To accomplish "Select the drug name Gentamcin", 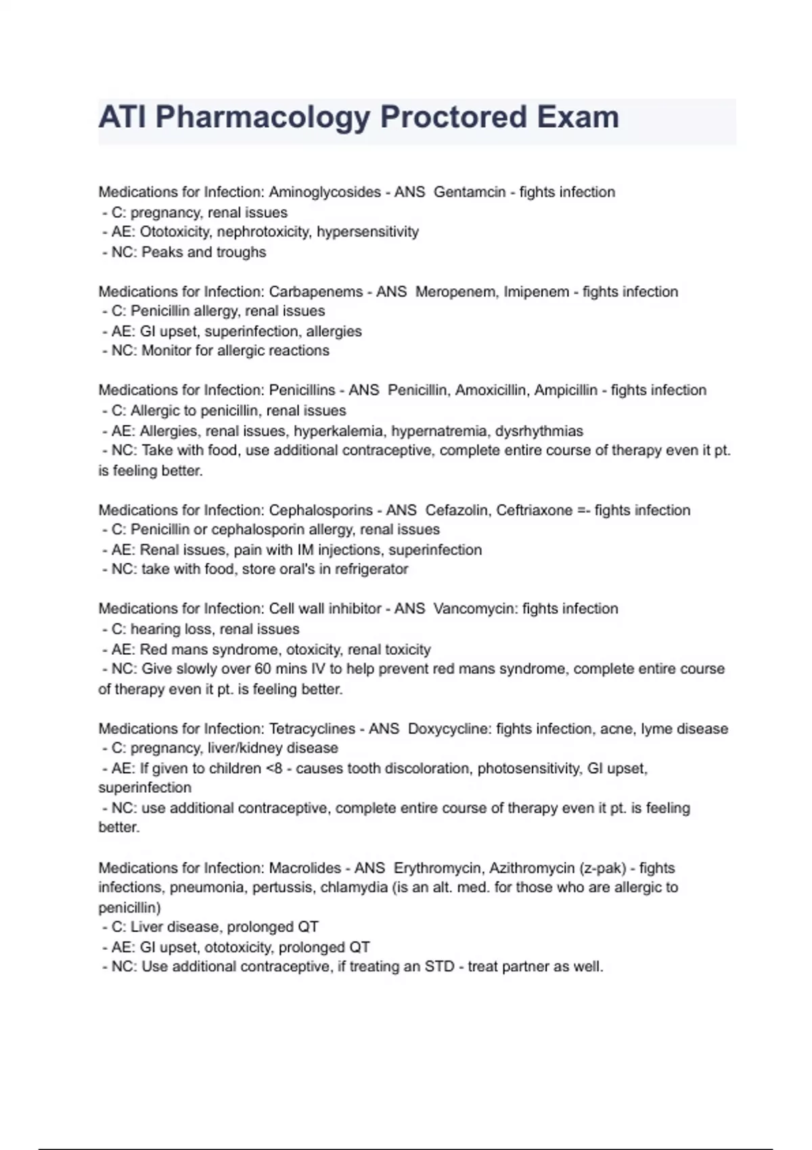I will tap(470, 192).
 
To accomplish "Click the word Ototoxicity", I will tap(175, 232).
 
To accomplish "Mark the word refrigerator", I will tap(371, 569).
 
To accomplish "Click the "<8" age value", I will tap(273, 768).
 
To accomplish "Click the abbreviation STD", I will tap(439, 967).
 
